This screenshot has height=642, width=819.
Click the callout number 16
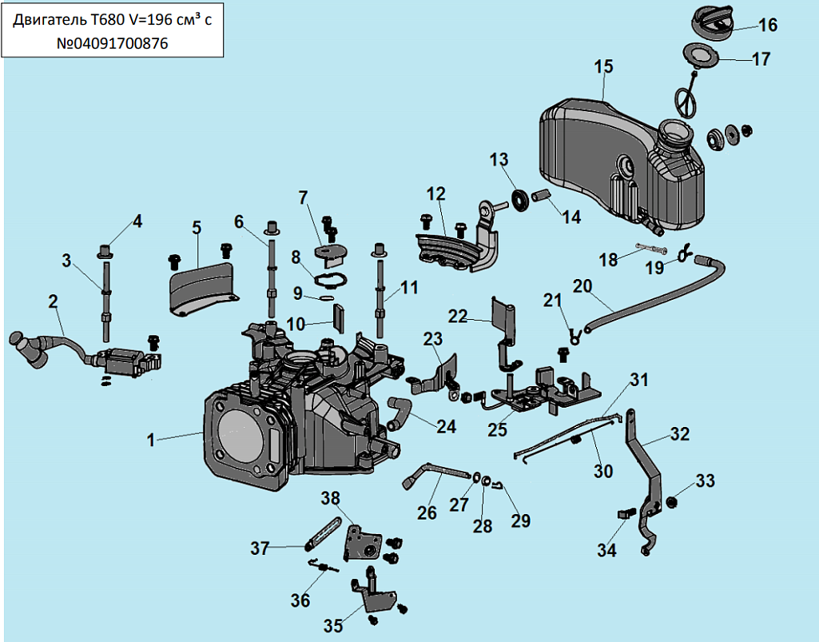click(x=767, y=25)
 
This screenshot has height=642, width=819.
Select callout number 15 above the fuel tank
click(x=603, y=67)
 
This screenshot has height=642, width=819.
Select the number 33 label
click(x=705, y=481)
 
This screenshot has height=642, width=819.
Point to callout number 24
click(x=446, y=426)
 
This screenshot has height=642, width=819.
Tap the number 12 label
click(x=435, y=193)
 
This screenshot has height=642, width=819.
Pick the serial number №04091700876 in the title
click(x=112, y=45)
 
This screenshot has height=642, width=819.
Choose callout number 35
click(x=332, y=625)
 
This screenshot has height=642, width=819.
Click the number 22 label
click(x=457, y=317)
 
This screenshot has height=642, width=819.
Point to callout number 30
click(x=602, y=472)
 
